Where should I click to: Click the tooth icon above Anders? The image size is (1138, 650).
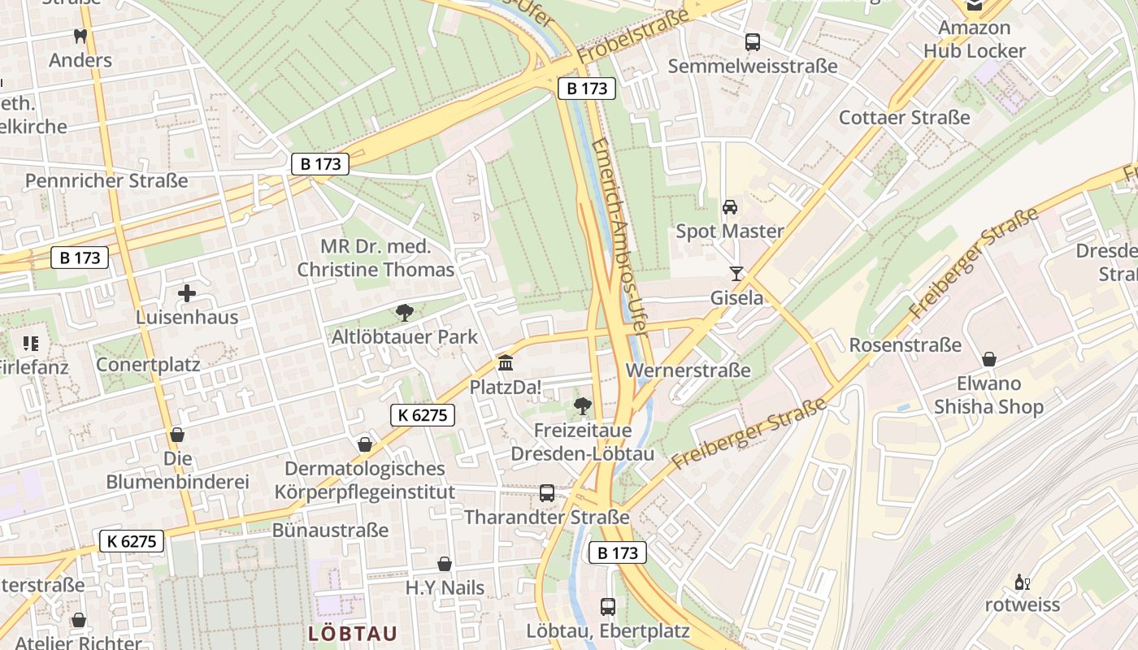click(80, 36)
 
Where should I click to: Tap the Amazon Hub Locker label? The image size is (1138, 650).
click(974, 39)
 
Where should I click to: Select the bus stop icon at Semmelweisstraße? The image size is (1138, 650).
click(753, 42)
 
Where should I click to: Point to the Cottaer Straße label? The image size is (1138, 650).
click(904, 117)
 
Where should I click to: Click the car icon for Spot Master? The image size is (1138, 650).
click(730, 207)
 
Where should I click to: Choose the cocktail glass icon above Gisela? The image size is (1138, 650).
click(736, 274)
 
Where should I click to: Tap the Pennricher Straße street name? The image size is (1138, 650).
click(106, 180)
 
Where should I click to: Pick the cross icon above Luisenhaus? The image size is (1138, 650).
click(187, 293)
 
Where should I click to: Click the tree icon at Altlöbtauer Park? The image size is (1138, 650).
click(404, 313)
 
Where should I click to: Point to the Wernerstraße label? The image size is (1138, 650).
click(688, 370)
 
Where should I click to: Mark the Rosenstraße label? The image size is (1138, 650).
click(905, 345)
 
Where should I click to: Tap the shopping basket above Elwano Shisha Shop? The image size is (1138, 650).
click(989, 359)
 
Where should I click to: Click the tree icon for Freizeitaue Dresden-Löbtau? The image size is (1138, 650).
click(582, 405)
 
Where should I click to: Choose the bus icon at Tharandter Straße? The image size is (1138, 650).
click(547, 493)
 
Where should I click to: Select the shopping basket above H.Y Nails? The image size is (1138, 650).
click(445, 564)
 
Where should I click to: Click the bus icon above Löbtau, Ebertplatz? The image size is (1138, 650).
click(608, 606)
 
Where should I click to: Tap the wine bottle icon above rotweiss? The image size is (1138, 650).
click(1022, 582)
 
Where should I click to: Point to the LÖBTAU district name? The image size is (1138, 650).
click(353, 634)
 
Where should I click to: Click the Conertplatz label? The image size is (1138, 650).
click(148, 364)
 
